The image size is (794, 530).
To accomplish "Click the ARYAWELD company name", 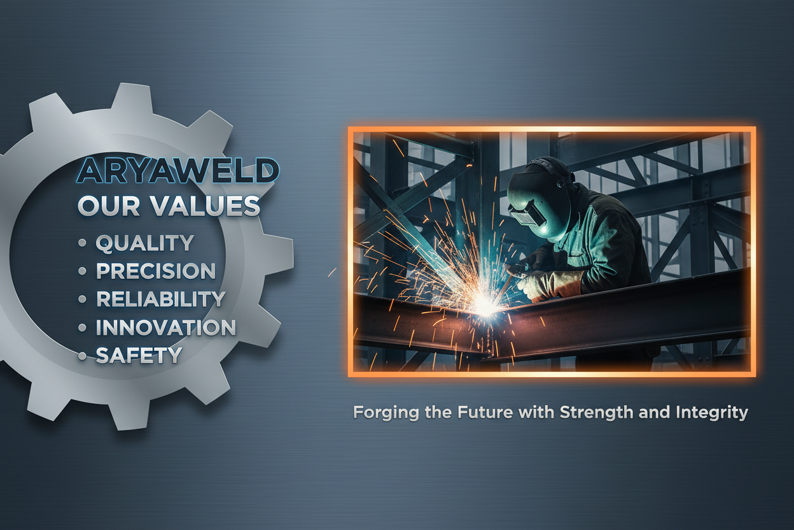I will click(x=178, y=171).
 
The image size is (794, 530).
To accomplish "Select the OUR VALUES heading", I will click(x=169, y=206).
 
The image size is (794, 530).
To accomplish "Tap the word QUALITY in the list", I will click(x=144, y=243).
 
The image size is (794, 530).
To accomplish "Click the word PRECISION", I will click(x=156, y=271).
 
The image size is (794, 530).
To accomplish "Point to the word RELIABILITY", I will click(x=160, y=299).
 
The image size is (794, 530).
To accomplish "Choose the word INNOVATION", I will click(x=165, y=327).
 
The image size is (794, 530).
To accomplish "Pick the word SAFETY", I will click(x=139, y=355).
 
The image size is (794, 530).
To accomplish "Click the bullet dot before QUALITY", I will click(x=81, y=243).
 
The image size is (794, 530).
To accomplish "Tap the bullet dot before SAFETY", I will click(x=81, y=356).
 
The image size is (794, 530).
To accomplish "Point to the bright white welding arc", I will click(x=486, y=308).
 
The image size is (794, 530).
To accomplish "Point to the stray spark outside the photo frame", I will click(x=331, y=272).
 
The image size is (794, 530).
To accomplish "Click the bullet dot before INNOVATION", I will click(x=81, y=327).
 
